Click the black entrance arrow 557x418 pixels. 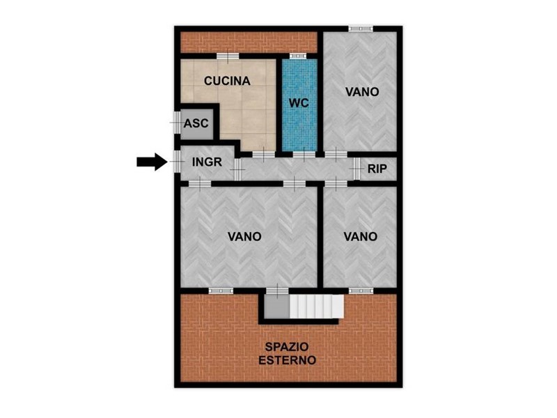click(x=152, y=162)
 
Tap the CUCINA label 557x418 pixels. click(x=227, y=81)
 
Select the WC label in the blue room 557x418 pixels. click(x=299, y=103)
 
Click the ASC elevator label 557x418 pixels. click(x=196, y=123)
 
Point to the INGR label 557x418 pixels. click(x=207, y=162)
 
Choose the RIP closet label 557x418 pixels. click(x=377, y=169)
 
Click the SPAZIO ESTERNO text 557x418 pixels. click(x=287, y=353)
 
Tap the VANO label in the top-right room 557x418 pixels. click(x=362, y=92)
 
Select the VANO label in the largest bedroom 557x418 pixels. click(x=244, y=236)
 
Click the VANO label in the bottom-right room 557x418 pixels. click(x=360, y=236)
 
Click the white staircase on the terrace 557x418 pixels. click(x=317, y=306)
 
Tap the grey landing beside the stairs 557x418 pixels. click(x=276, y=306)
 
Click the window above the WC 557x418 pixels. click(x=298, y=56)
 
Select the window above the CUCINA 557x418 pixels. click(x=228, y=56)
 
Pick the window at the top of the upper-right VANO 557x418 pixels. click(x=360, y=29)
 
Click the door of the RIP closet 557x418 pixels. click(x=356, y=169)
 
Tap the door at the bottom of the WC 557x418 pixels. click(x=304, y=154)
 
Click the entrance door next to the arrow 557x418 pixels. click(x=177, y=162)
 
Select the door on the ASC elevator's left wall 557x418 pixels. click(x=177, y=123)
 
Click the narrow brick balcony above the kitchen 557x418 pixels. click(x=249, y=42)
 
